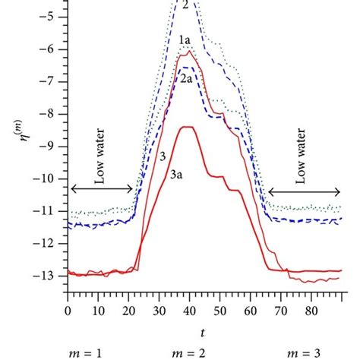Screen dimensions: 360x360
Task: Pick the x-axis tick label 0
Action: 68,311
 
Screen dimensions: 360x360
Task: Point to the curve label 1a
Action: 184,39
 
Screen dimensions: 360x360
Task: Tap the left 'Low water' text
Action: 99,166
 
